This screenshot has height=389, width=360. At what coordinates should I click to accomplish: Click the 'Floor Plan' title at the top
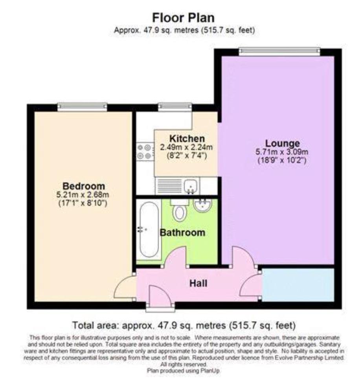point(183,18)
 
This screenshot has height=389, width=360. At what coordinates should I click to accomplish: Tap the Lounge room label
point(282,143)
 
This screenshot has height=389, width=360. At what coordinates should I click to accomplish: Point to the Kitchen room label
point(187,139)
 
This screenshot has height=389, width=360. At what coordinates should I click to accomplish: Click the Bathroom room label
point(182,233)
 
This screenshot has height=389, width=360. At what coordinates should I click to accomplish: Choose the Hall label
point(198,283)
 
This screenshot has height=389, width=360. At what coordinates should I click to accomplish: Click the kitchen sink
point(190,185)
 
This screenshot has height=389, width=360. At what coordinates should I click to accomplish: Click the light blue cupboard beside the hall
point(298,285)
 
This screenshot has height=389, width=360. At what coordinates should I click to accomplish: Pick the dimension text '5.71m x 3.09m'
point(282,152)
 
